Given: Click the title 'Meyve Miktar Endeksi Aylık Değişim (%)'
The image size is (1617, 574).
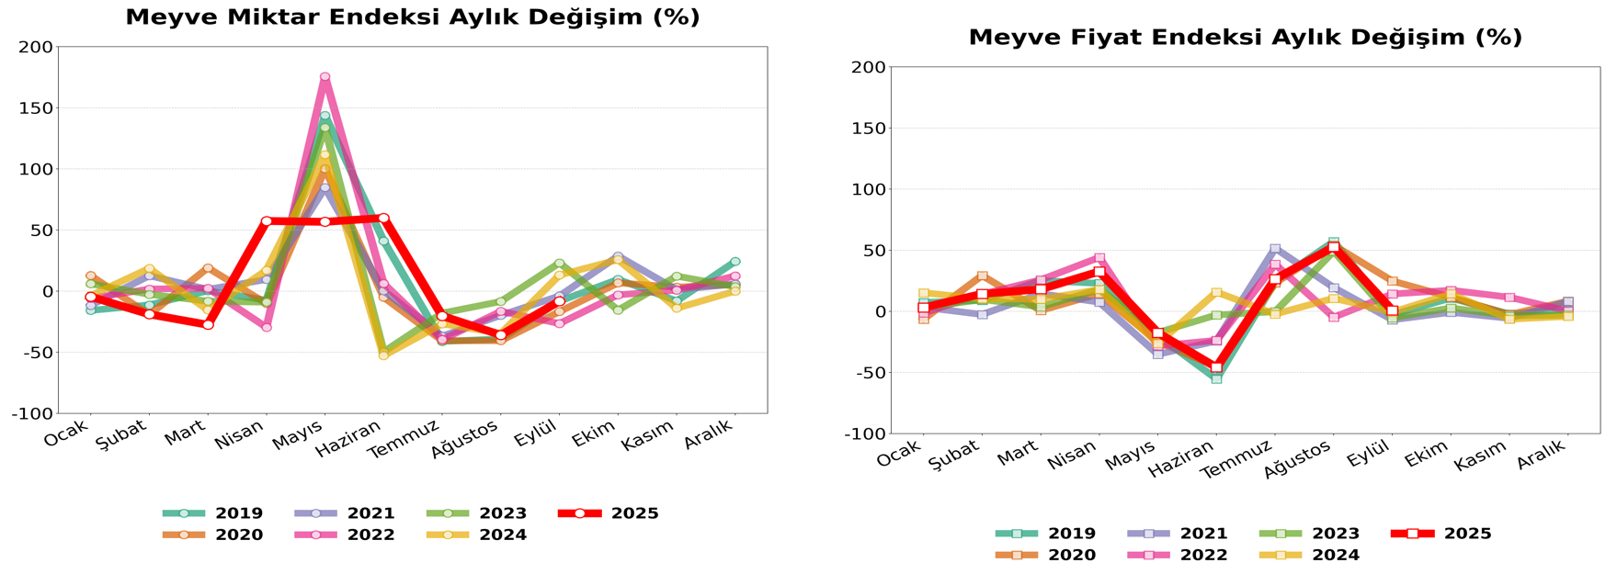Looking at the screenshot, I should [412, 17].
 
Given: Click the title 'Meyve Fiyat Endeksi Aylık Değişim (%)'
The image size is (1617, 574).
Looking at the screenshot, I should [1245, 38].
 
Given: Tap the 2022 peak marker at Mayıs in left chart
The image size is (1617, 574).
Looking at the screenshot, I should [325, 77].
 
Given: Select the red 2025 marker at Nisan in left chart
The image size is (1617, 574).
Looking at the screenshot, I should [267, 220].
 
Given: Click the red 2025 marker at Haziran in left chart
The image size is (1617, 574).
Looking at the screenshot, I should [383, 218].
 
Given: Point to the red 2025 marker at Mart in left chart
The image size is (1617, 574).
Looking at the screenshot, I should [208, 325].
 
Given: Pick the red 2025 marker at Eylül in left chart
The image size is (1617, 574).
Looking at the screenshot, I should [559, 301].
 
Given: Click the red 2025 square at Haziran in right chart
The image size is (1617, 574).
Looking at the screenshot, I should [1216, 367].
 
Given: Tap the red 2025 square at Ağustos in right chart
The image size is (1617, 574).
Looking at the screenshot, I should [1334, 247].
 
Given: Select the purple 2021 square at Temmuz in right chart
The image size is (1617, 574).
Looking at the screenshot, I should [1275, 248].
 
